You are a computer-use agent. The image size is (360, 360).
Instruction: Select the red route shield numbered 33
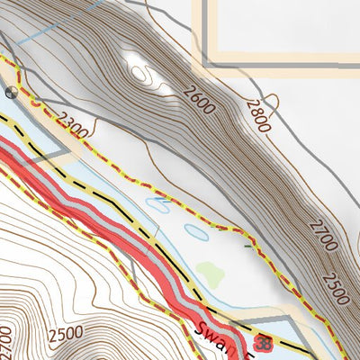(264, 343)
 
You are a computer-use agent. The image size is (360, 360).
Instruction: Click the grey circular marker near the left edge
(11, 92)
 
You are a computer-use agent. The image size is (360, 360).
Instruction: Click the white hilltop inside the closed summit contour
(139, 70)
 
